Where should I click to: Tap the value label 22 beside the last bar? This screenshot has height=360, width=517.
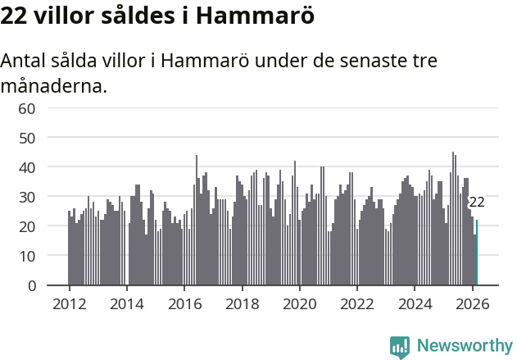click(476, 202)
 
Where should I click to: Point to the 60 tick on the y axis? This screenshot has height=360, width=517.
click(27, 108)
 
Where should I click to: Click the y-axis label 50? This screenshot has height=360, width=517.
click(27, 138)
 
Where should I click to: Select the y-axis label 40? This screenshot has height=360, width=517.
click(27, 167)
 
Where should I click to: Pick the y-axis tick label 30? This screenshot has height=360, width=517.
click(27, 197)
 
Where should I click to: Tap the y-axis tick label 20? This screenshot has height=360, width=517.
click(27, 226)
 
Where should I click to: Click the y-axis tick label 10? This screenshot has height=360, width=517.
click(27, 256)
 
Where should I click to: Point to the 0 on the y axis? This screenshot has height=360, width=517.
click(31, 285)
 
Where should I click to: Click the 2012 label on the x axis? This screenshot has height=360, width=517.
click(69, 303)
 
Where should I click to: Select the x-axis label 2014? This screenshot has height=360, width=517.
click(126, 303)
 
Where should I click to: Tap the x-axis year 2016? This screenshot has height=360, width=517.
click(184, 303)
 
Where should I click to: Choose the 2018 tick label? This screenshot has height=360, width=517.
click(242, 303)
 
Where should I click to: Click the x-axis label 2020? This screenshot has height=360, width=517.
click(299, 303)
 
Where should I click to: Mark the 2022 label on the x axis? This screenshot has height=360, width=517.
click(357, 303)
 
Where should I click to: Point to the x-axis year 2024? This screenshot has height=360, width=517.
click(415, 303)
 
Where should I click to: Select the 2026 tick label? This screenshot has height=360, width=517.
click(472, 303)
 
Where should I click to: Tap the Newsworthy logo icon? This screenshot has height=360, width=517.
click(400, 347)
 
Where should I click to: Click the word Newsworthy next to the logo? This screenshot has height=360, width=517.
click(465, 346)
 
